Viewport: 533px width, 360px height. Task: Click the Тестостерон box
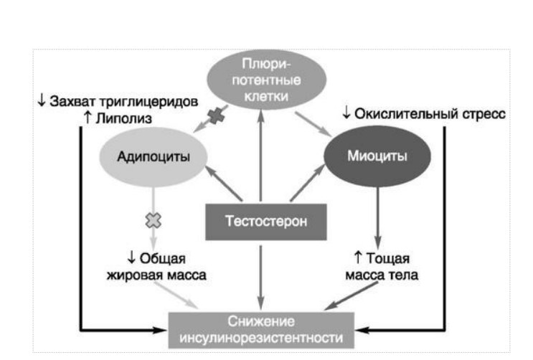[266, 221]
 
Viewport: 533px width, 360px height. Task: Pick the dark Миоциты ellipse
[378, 156]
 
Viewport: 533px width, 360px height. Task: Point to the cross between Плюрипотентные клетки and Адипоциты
[214, 115]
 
